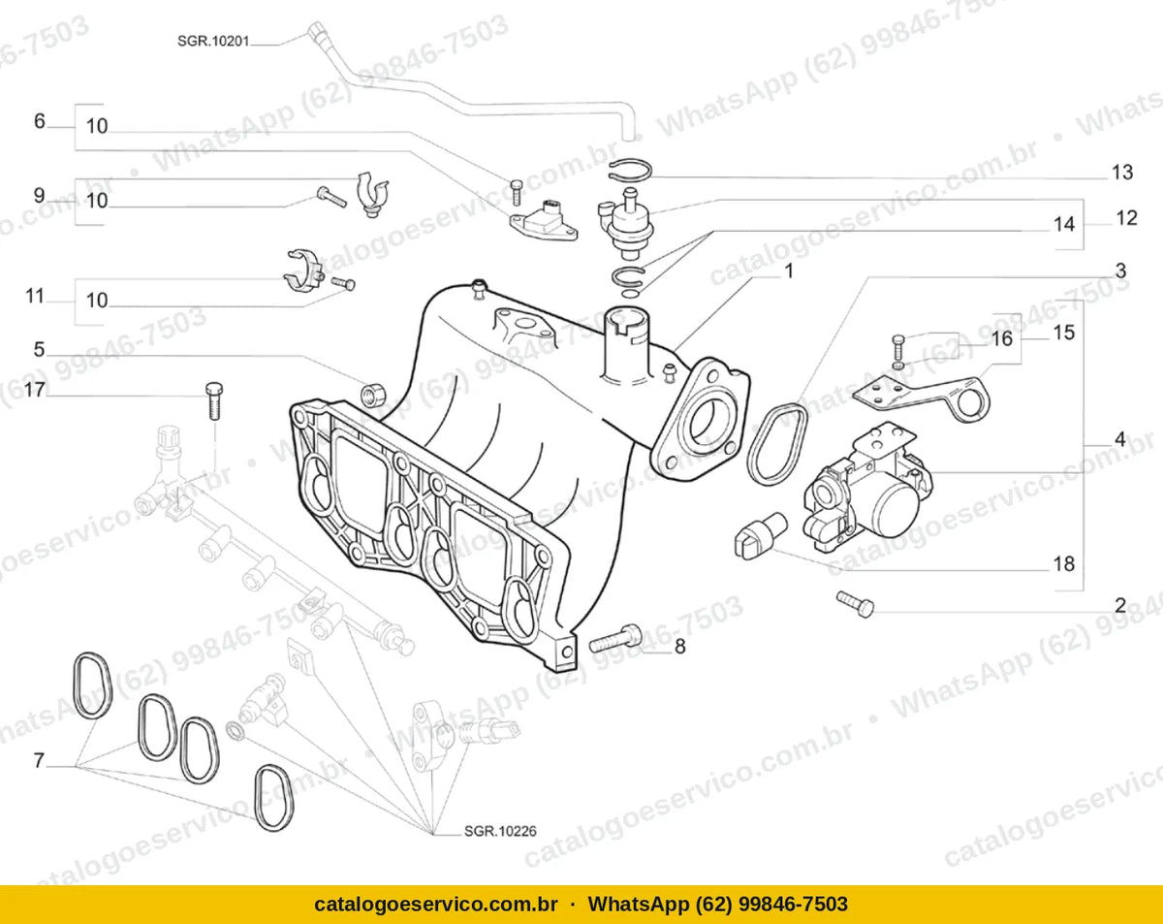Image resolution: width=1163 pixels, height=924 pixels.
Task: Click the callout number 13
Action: pos(1122,173)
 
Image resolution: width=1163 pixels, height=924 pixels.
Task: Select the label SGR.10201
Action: pos(213,41)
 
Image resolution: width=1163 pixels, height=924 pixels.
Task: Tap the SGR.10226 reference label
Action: pos(500,831)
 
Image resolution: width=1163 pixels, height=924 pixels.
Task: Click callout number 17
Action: pos(35,389)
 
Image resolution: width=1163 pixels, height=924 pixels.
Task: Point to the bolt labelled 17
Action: pos(214,400)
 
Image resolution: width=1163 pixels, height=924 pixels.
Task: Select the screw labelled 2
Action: pos(855,604)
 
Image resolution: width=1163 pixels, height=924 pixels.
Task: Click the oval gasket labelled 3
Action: pos(776,444)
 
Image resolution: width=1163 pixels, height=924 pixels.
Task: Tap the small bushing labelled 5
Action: pos(373,392)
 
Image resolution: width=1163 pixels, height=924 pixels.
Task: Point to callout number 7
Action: pos(39,761)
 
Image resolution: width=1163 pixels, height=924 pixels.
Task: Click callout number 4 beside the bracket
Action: pos(1120,439)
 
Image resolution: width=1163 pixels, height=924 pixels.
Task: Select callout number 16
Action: pos(1001,339)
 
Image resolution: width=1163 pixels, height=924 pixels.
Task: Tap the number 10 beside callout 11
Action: pos(97,301)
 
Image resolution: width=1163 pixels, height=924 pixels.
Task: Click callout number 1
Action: pos(789,271)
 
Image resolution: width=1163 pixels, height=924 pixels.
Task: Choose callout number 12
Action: pos(1126,218)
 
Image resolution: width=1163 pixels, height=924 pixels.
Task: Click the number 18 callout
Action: pos(1064,564)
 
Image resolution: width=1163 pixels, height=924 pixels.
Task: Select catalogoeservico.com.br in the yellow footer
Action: pos(435,905)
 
